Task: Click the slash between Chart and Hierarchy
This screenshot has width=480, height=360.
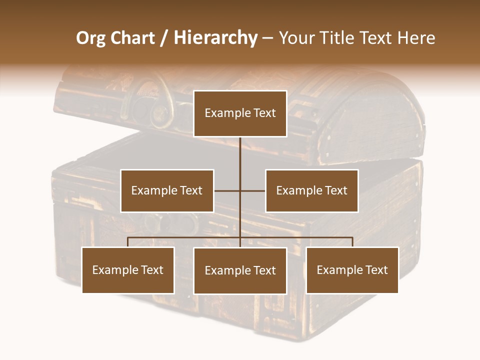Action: (163, 38)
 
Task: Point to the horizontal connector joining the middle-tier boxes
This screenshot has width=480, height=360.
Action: (252, 190)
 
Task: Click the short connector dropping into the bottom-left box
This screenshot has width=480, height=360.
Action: (128, 242)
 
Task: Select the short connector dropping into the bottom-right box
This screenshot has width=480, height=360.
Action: (352, 242)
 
